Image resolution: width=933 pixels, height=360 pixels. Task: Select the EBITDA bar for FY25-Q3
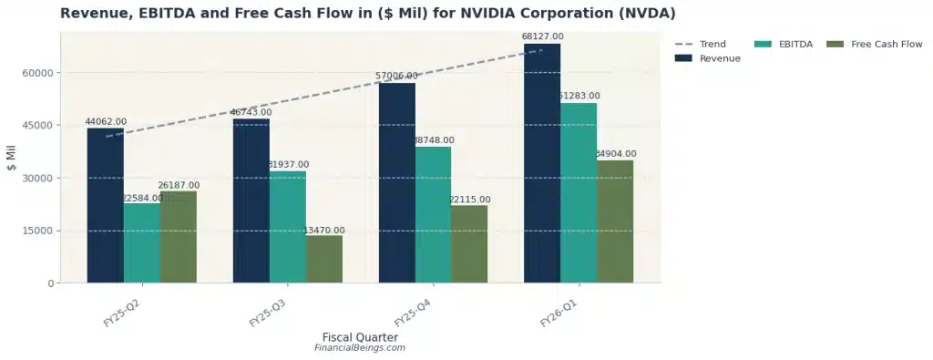click(287, 227)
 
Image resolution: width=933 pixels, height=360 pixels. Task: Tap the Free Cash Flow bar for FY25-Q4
click(469, 243)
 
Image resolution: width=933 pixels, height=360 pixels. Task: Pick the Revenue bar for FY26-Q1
click(542, 164)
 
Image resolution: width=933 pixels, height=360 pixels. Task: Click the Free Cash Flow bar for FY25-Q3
click(324, 259)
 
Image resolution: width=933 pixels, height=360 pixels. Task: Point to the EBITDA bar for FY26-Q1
click(579, 193)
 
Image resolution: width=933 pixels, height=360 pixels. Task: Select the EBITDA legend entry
click(784, 44)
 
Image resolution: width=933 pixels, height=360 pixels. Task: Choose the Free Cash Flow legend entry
click(874, 44)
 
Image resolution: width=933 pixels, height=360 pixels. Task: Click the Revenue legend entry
click(707, 58)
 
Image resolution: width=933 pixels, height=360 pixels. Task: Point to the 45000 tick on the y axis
click(39, 125)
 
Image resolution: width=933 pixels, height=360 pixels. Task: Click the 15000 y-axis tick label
click(39, 231)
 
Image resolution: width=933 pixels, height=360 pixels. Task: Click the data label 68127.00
click(542, 37)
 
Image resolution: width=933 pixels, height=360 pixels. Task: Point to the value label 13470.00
click(324, 231)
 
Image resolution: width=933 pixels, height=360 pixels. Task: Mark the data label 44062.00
click(106, 121)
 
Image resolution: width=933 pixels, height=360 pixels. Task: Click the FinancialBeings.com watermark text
click(360, 348)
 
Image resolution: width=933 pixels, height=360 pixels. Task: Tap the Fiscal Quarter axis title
click(360, 336)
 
